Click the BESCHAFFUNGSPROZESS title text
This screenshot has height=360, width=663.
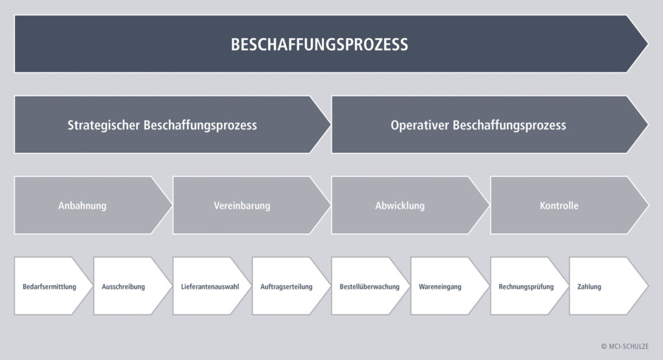319,45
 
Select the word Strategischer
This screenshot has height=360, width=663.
104,125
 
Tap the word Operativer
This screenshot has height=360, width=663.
420,125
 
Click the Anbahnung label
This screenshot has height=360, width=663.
82,206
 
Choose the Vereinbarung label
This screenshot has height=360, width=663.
242,206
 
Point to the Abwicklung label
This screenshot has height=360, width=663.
400,206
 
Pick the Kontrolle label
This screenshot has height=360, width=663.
559,206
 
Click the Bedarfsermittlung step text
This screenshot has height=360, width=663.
49,287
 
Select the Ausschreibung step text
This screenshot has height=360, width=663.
124,287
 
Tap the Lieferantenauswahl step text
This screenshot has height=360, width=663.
210,287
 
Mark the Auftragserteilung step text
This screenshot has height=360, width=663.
286,287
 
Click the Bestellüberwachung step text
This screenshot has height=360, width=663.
370,287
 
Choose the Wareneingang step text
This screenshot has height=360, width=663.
440,287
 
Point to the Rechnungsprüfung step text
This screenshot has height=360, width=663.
526,287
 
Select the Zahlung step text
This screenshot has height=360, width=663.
589,287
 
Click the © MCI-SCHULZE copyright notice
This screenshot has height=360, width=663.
625,346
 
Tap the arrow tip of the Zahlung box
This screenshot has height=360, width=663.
647,286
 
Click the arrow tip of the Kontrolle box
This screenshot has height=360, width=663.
647,205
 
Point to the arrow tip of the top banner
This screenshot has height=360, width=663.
647,43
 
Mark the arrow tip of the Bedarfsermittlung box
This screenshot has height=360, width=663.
92,286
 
